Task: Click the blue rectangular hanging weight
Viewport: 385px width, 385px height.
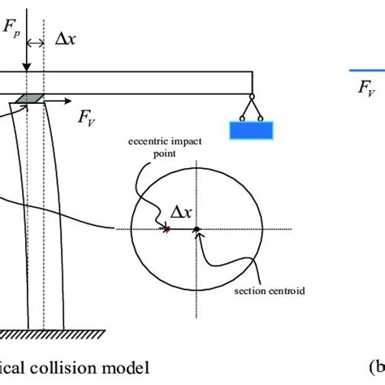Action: tap(251, 129)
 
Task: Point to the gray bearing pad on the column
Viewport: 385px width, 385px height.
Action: tap(31, 97)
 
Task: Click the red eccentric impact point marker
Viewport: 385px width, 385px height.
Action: tap(167, 230)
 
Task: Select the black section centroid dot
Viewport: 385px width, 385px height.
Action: tap(196, 230)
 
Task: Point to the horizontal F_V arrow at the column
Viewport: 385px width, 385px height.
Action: tap(55, 102)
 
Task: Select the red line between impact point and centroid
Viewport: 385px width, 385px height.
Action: tap(181, 230)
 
